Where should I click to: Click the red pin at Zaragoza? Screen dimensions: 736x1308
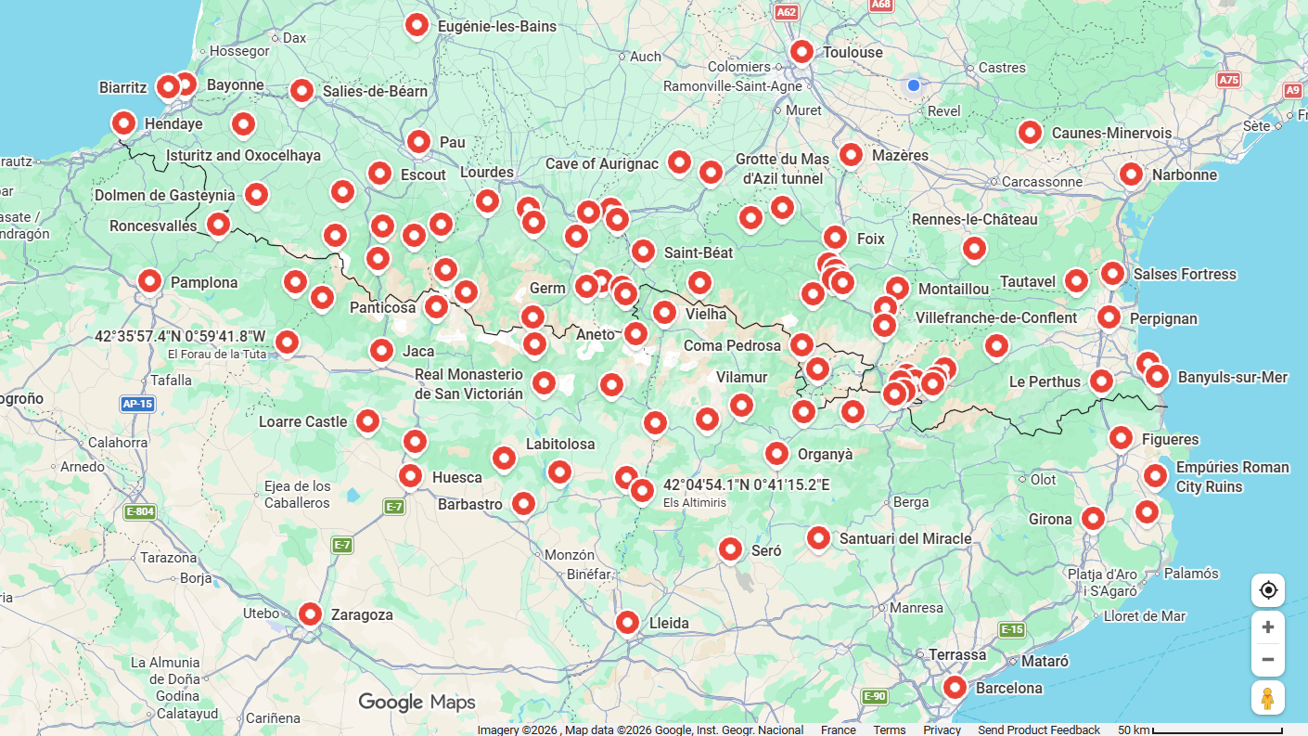310,613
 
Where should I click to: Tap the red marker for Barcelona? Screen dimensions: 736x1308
955,687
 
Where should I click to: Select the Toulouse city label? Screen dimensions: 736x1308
853,53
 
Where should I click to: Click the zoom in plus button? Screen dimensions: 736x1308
1267,626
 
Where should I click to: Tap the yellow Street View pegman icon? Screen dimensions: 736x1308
1267,697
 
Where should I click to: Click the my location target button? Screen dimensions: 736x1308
1267,590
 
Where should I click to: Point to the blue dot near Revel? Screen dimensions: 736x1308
913,85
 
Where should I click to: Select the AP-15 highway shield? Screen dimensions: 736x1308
137,404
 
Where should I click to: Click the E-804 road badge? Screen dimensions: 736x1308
140,512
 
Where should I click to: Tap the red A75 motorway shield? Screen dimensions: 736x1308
1228,80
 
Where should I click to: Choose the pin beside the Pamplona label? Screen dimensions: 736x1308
149,280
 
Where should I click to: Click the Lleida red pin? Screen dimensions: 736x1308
627,622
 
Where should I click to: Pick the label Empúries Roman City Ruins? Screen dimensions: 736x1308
1232,477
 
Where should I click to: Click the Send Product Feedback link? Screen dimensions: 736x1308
1038,730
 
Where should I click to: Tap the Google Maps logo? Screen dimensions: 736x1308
417,702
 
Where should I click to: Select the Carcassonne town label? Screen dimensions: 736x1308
1042,182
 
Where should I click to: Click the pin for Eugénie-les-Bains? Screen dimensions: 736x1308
417,25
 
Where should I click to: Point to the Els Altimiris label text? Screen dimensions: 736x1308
694,503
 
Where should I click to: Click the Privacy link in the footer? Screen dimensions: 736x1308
942,730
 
